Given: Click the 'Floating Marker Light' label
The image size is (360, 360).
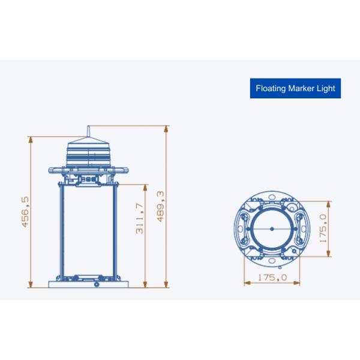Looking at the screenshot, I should pyautogui.click(x=296, y=88).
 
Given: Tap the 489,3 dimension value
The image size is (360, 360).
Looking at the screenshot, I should pyautogui.click(x=160, y=206).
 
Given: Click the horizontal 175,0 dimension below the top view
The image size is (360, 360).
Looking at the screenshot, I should pyautogui.click(x=272, y=277).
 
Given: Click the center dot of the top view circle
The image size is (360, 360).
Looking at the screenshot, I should pyautogui.click(x=272, y=228).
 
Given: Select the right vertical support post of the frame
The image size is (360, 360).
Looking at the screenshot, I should pyautogui.click(x=117, y=231).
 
